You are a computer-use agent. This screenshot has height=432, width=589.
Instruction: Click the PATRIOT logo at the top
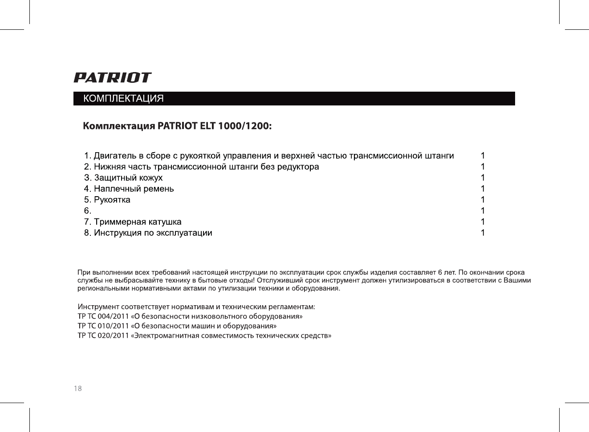pyautogui.click(x=112, y=78)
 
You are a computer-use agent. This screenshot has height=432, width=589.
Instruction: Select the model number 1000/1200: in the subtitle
pyautogui.click(x=244, y=126)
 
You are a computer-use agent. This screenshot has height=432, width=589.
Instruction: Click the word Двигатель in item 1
pyautogui.click(x=115, y=156)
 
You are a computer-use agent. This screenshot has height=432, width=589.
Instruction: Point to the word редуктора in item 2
pyautogui.click(x=298, y=167)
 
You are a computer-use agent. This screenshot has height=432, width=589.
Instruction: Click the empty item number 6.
pyautogui.click(x=88, y=211)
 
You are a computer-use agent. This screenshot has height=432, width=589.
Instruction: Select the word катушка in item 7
pyautogui.click(x=165, y=222)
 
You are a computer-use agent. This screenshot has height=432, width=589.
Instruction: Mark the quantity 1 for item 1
pyautogui.click(x=483, y=156)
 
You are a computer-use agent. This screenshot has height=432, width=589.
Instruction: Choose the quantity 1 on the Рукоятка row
pyautogui.click(x=483, y=200)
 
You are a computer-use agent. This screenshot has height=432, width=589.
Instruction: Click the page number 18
pyautogui.click(x=78, y=388)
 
